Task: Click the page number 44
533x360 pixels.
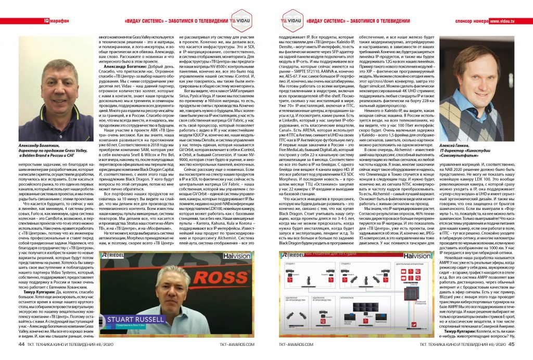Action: pyautogui.click(x=21, y=344)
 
